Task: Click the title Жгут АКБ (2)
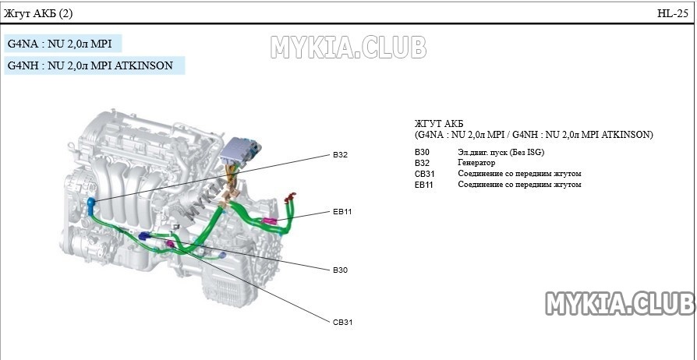38,13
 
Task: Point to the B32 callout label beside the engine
340,154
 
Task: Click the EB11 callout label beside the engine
343,211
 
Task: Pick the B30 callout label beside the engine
340,270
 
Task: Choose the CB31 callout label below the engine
343,321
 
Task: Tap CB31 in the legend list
424,174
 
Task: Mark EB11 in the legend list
424,185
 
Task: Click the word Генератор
476,163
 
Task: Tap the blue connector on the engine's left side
91,205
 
